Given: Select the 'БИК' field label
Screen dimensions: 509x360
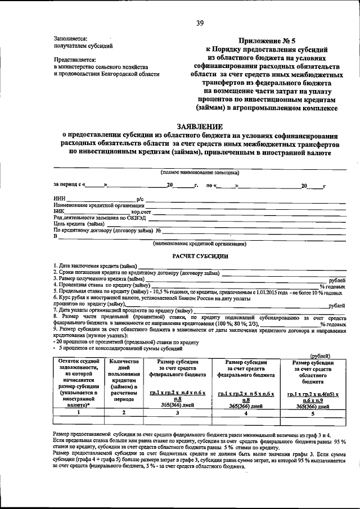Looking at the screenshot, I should pyautogui.click(x=59, y=211).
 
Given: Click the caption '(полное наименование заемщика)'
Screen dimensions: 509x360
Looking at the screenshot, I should pyautogui.click(x=200, y=173).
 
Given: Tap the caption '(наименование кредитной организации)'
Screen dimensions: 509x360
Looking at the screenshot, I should pyautogui.click(x=200, y=244).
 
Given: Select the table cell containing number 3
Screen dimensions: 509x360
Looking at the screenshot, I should pyautogui.click(x=177, y=412).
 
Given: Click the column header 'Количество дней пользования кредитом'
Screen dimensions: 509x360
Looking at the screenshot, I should pyautogui.click(x=125, y=380).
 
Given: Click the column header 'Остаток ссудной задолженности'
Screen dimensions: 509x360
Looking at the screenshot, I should pyautogui.click(x=78, y=380).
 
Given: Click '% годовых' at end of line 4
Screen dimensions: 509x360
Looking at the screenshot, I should pyautogui.click(x=331, y=286).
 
